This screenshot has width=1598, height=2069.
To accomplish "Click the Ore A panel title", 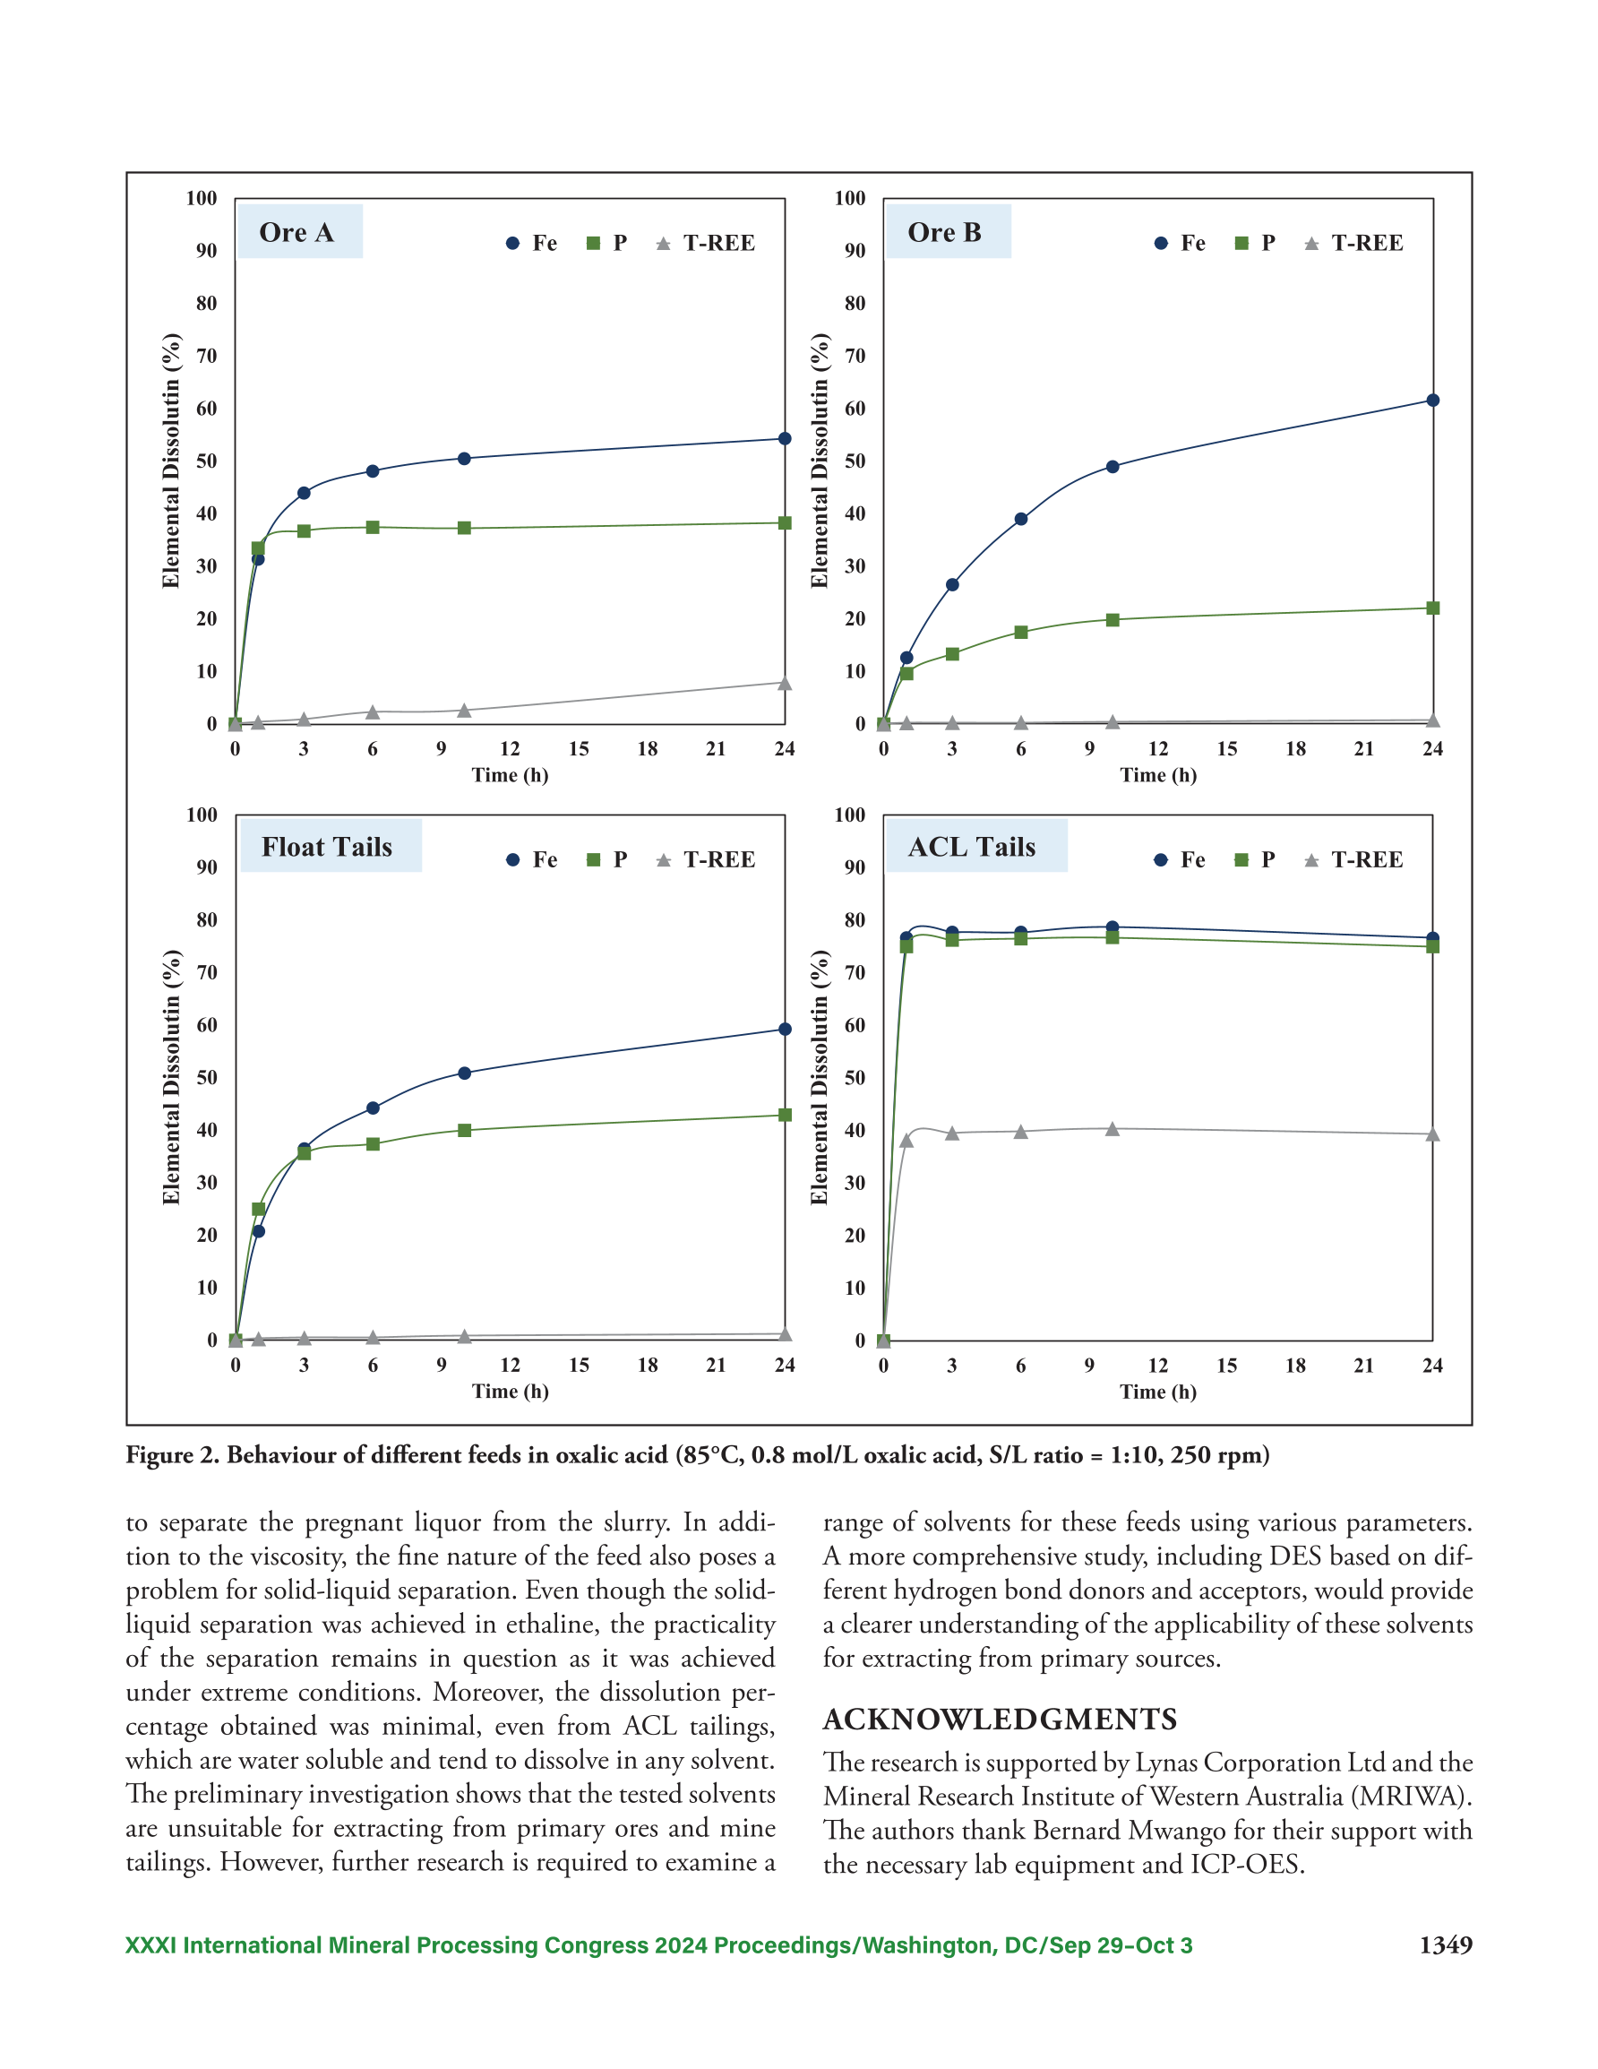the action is [x=296, y=232].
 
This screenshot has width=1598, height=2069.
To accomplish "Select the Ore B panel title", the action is [x=944, y=232].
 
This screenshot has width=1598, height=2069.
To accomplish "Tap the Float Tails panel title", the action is [x=327, y=847].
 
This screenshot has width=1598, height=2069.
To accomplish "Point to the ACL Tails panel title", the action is [x=972, y=847].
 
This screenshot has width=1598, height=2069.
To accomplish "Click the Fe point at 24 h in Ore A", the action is [x=785, y=438].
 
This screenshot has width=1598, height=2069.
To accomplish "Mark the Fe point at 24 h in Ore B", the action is [x=1432, y=401].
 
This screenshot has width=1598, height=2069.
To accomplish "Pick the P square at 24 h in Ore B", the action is [x=1432, y=608].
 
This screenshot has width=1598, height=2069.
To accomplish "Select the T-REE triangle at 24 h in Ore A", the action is [x=785, y=683].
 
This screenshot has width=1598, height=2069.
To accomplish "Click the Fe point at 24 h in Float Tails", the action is [x=785, y=1029].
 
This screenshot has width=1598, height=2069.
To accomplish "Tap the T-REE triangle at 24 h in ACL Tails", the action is [x=1432, y=1134].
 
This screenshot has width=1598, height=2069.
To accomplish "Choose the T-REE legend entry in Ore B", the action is [x=1353, y=244].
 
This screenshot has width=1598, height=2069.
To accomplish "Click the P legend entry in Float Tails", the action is [x=607, y=859].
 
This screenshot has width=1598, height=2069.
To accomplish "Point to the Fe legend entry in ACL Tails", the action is [x=1180, y=859].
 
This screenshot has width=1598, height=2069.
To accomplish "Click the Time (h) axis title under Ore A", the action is [x=511, y=775].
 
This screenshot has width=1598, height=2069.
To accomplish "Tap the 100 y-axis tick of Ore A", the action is [x=202, y=198].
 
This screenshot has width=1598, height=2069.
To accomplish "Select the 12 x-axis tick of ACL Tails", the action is [x=1157, y=1365].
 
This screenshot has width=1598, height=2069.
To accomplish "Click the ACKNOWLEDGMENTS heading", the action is [x=1000, y=1720].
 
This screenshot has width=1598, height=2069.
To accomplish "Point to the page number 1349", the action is [x=1446, y=1945].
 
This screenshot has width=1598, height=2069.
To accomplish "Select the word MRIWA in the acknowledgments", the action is [x=1406, y=1797].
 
